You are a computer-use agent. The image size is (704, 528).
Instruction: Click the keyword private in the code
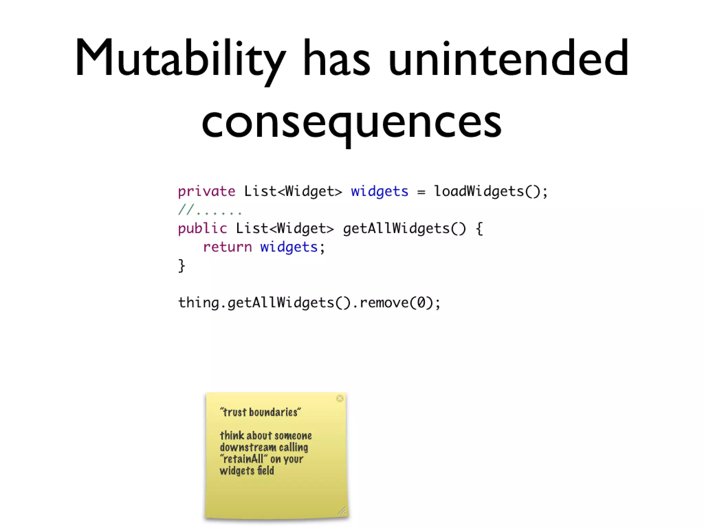[x=206, y=191]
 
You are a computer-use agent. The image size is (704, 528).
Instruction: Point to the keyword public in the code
[x=202, y=229]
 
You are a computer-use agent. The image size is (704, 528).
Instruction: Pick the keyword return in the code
[x=227, y=247]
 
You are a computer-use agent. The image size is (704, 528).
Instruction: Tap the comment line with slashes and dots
[x=210, y=210]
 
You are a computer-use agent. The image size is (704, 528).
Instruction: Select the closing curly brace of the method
[x=181, y=266]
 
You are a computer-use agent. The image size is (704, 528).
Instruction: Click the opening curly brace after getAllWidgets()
[x=479, y=229]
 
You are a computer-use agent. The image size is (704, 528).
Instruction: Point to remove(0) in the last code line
[x=395, y=303]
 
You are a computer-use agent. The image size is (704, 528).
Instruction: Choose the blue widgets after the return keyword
[x=289, y=247]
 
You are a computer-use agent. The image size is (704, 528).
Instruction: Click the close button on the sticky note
[x=340, y=398]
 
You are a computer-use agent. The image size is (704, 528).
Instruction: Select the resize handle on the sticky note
[x=342, y=511]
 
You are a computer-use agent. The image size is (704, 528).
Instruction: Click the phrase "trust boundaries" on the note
[x=260, y=412]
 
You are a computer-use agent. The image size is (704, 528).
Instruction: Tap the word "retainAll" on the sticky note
[x=243, y=459]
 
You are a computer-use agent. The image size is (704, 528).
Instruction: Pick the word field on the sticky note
[x=265, y=471]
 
